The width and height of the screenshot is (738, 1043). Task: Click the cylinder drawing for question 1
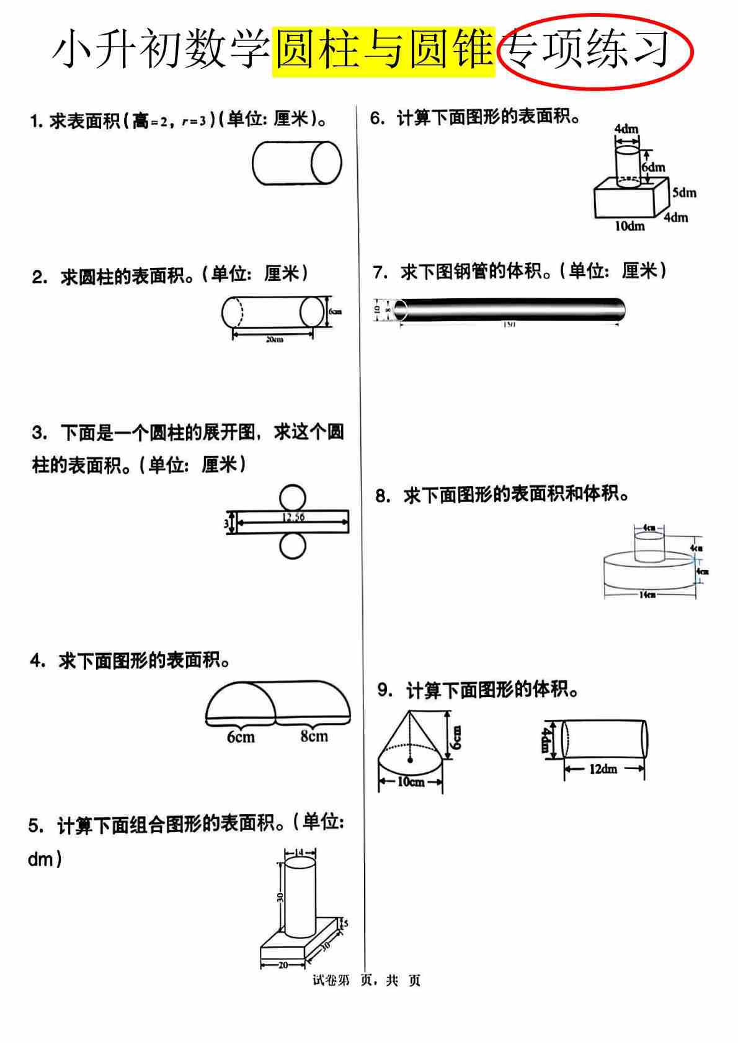tap(296, 163)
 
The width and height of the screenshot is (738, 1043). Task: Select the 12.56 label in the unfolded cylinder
tap(293, 517)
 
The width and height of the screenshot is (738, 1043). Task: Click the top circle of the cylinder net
tap(292, 497)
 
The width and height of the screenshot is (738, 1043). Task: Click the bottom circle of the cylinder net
tap(292, 546)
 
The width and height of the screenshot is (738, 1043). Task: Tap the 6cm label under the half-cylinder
tap(241, 737)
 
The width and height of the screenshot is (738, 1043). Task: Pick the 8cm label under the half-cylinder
tap(314, 737)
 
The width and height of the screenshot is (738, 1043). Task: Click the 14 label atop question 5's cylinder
tap(300, 852)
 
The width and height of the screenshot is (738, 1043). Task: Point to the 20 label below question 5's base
tap(283, 965)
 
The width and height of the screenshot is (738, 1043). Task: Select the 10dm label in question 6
tap(629, 226)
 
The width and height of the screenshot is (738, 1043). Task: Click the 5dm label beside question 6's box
tap(684, 193)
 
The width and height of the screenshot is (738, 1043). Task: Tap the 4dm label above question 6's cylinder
tap(626, 129)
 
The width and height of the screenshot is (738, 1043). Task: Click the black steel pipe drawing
tap(509, 309)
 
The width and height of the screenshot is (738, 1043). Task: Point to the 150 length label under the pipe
tap(508, 324)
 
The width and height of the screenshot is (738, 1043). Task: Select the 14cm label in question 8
tap(647, 595)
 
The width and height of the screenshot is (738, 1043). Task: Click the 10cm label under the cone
tap(411, 782)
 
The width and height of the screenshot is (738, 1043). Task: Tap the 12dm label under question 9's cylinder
tap(603, 769)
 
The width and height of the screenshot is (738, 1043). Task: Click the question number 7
tap(380, 272)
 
